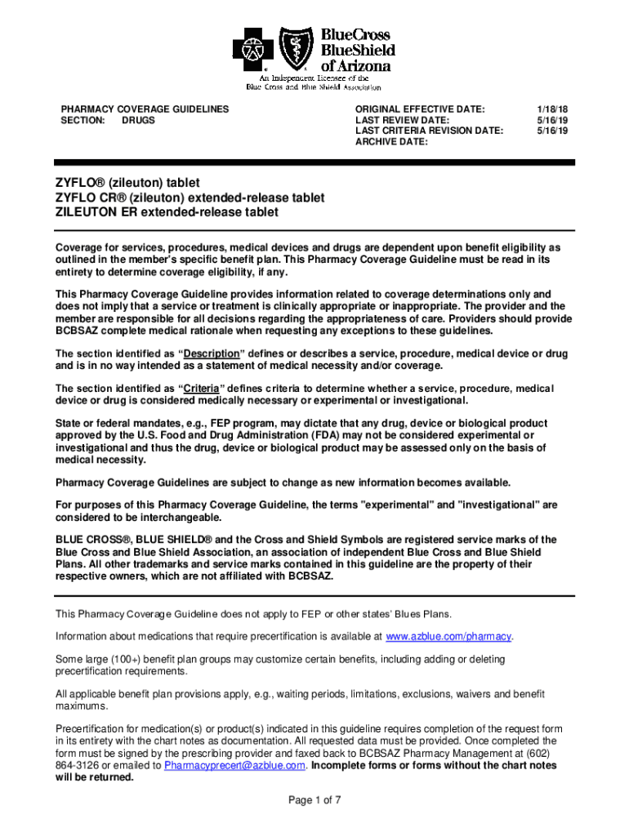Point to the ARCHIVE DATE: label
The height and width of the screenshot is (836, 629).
click(x=391, y=141)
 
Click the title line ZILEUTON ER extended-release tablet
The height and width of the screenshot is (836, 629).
click(x=167, y=212)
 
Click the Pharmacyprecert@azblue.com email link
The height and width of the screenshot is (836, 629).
click(x=235, y=766)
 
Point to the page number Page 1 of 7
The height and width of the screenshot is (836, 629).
click(x=314, y=800)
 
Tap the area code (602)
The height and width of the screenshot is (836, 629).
click(x=546, y=754)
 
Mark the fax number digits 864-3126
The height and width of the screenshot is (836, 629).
click(x=78, y=766)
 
